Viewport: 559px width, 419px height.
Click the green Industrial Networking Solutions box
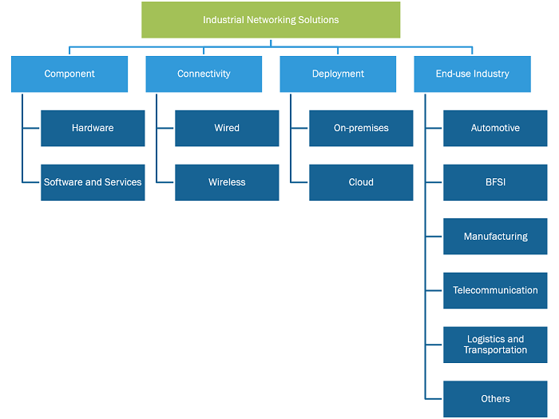tap(271, 20)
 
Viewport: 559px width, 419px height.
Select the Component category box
tap(69, 74)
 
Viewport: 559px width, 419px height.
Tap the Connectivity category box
tap(204, 74)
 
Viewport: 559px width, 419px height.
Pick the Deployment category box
tap(338, 74)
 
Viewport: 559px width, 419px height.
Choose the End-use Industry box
tap(473, 74)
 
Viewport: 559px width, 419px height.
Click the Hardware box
tap(93, 128)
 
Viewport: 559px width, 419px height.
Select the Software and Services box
tap(93, 182)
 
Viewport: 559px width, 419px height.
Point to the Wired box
tap(227, 128)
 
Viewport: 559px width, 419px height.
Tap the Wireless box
tap(227, 182)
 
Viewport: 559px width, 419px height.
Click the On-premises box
tap(361, 128)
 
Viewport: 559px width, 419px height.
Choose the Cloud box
tap(361, 182)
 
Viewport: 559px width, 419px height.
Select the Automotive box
tap(495, 128)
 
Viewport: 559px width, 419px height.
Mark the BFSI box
tap(495, 182)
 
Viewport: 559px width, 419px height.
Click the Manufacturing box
tap(495, 236)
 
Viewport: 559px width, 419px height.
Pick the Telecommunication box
tap(495, 290)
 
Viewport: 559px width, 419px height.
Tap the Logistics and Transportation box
tap(495, 345)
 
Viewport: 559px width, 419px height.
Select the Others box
tap(495, 399)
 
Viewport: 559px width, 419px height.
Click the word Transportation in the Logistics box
tap(495, 350)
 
